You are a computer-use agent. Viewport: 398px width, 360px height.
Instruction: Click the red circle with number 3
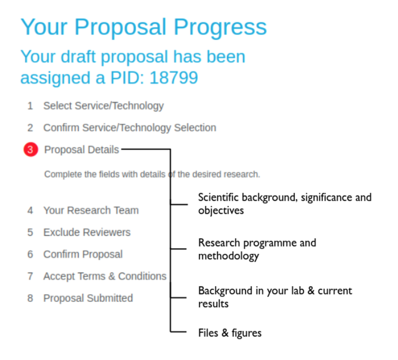tap(31, 150)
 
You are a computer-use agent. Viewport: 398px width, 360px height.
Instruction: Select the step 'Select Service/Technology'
tap(103, 106)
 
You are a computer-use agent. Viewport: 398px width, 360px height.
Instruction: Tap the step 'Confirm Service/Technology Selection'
tap(129, 128)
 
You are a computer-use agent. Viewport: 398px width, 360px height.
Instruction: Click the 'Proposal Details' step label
tap(81, 150)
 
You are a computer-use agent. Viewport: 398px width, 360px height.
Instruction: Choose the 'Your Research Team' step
tap(91, 211)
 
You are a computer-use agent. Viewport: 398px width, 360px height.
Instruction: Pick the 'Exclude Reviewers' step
tap(87, 232)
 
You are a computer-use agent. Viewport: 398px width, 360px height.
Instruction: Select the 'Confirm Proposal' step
tap(83, 254)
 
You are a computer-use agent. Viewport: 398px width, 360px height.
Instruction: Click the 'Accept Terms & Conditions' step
tap(105, 276)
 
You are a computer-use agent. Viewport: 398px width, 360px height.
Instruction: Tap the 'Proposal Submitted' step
tap(88, 298)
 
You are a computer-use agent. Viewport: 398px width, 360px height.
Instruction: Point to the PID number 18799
tap(174, 78)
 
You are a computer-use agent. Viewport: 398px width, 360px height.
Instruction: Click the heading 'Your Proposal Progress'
tap(144, 27)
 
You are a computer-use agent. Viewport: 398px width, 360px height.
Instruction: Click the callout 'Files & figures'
tap(230, 333)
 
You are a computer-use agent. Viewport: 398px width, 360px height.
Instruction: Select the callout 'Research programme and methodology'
tap(257, 249)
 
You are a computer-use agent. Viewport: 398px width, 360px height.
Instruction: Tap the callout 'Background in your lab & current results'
tap(275, 297)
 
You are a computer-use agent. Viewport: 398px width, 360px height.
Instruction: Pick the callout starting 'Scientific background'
tap(284, 204)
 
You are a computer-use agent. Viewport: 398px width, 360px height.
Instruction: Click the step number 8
tap(30, 298)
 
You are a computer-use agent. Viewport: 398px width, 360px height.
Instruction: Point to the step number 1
tap(30, 106)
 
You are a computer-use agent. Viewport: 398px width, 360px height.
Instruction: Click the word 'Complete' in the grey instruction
tap(63, 174)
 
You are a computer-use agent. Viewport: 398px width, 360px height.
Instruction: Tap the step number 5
tap(30, 232)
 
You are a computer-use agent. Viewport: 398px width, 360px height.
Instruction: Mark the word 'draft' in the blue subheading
tap(78, 57)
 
